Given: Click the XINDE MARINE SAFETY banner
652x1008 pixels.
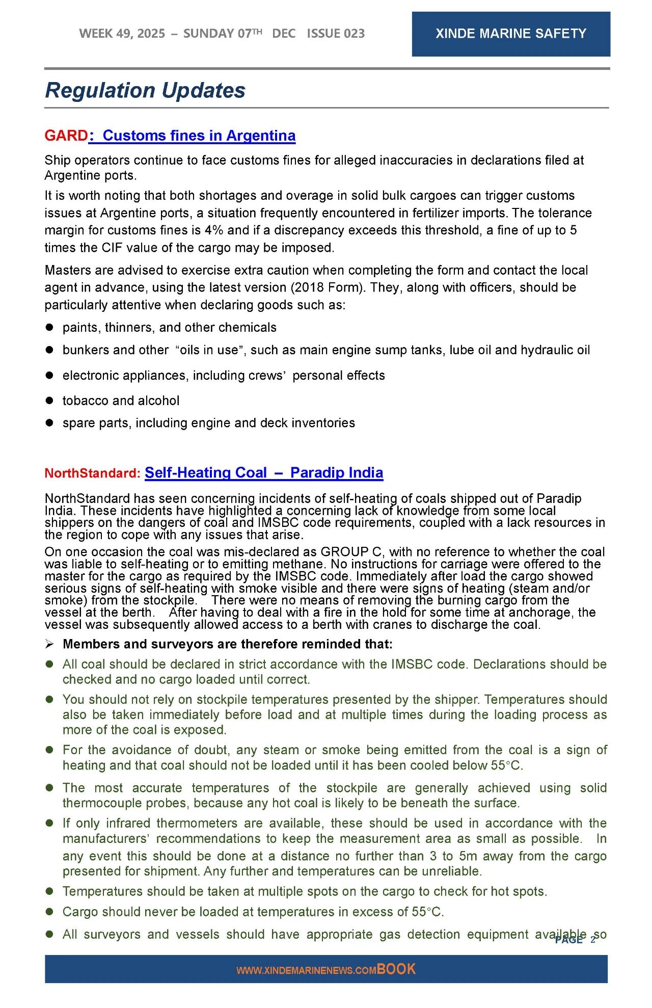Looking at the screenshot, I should coord(510,34).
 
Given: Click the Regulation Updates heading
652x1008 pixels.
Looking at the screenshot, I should coord(145,90).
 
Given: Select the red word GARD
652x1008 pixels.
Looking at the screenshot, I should coord(66,136).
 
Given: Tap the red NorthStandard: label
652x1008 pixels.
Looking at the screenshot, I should coord(92,473).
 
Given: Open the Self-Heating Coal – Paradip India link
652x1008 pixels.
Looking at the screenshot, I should coord(264,472).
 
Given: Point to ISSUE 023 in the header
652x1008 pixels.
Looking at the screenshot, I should coord(336,34).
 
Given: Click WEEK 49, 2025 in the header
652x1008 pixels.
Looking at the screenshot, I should coord(122,34).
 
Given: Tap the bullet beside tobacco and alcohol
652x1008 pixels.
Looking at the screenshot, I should coord(49,401).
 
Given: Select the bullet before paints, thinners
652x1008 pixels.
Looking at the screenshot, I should coord(49,327).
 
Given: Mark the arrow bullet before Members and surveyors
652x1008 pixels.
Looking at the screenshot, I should coord(49,644).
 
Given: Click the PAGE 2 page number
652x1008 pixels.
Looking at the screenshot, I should coord(575,940).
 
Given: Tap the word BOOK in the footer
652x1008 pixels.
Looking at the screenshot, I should coord(396,969).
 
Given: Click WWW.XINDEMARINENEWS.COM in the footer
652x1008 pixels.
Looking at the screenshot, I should coord(306,970).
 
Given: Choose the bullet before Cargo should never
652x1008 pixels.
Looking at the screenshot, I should coord(49,912).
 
